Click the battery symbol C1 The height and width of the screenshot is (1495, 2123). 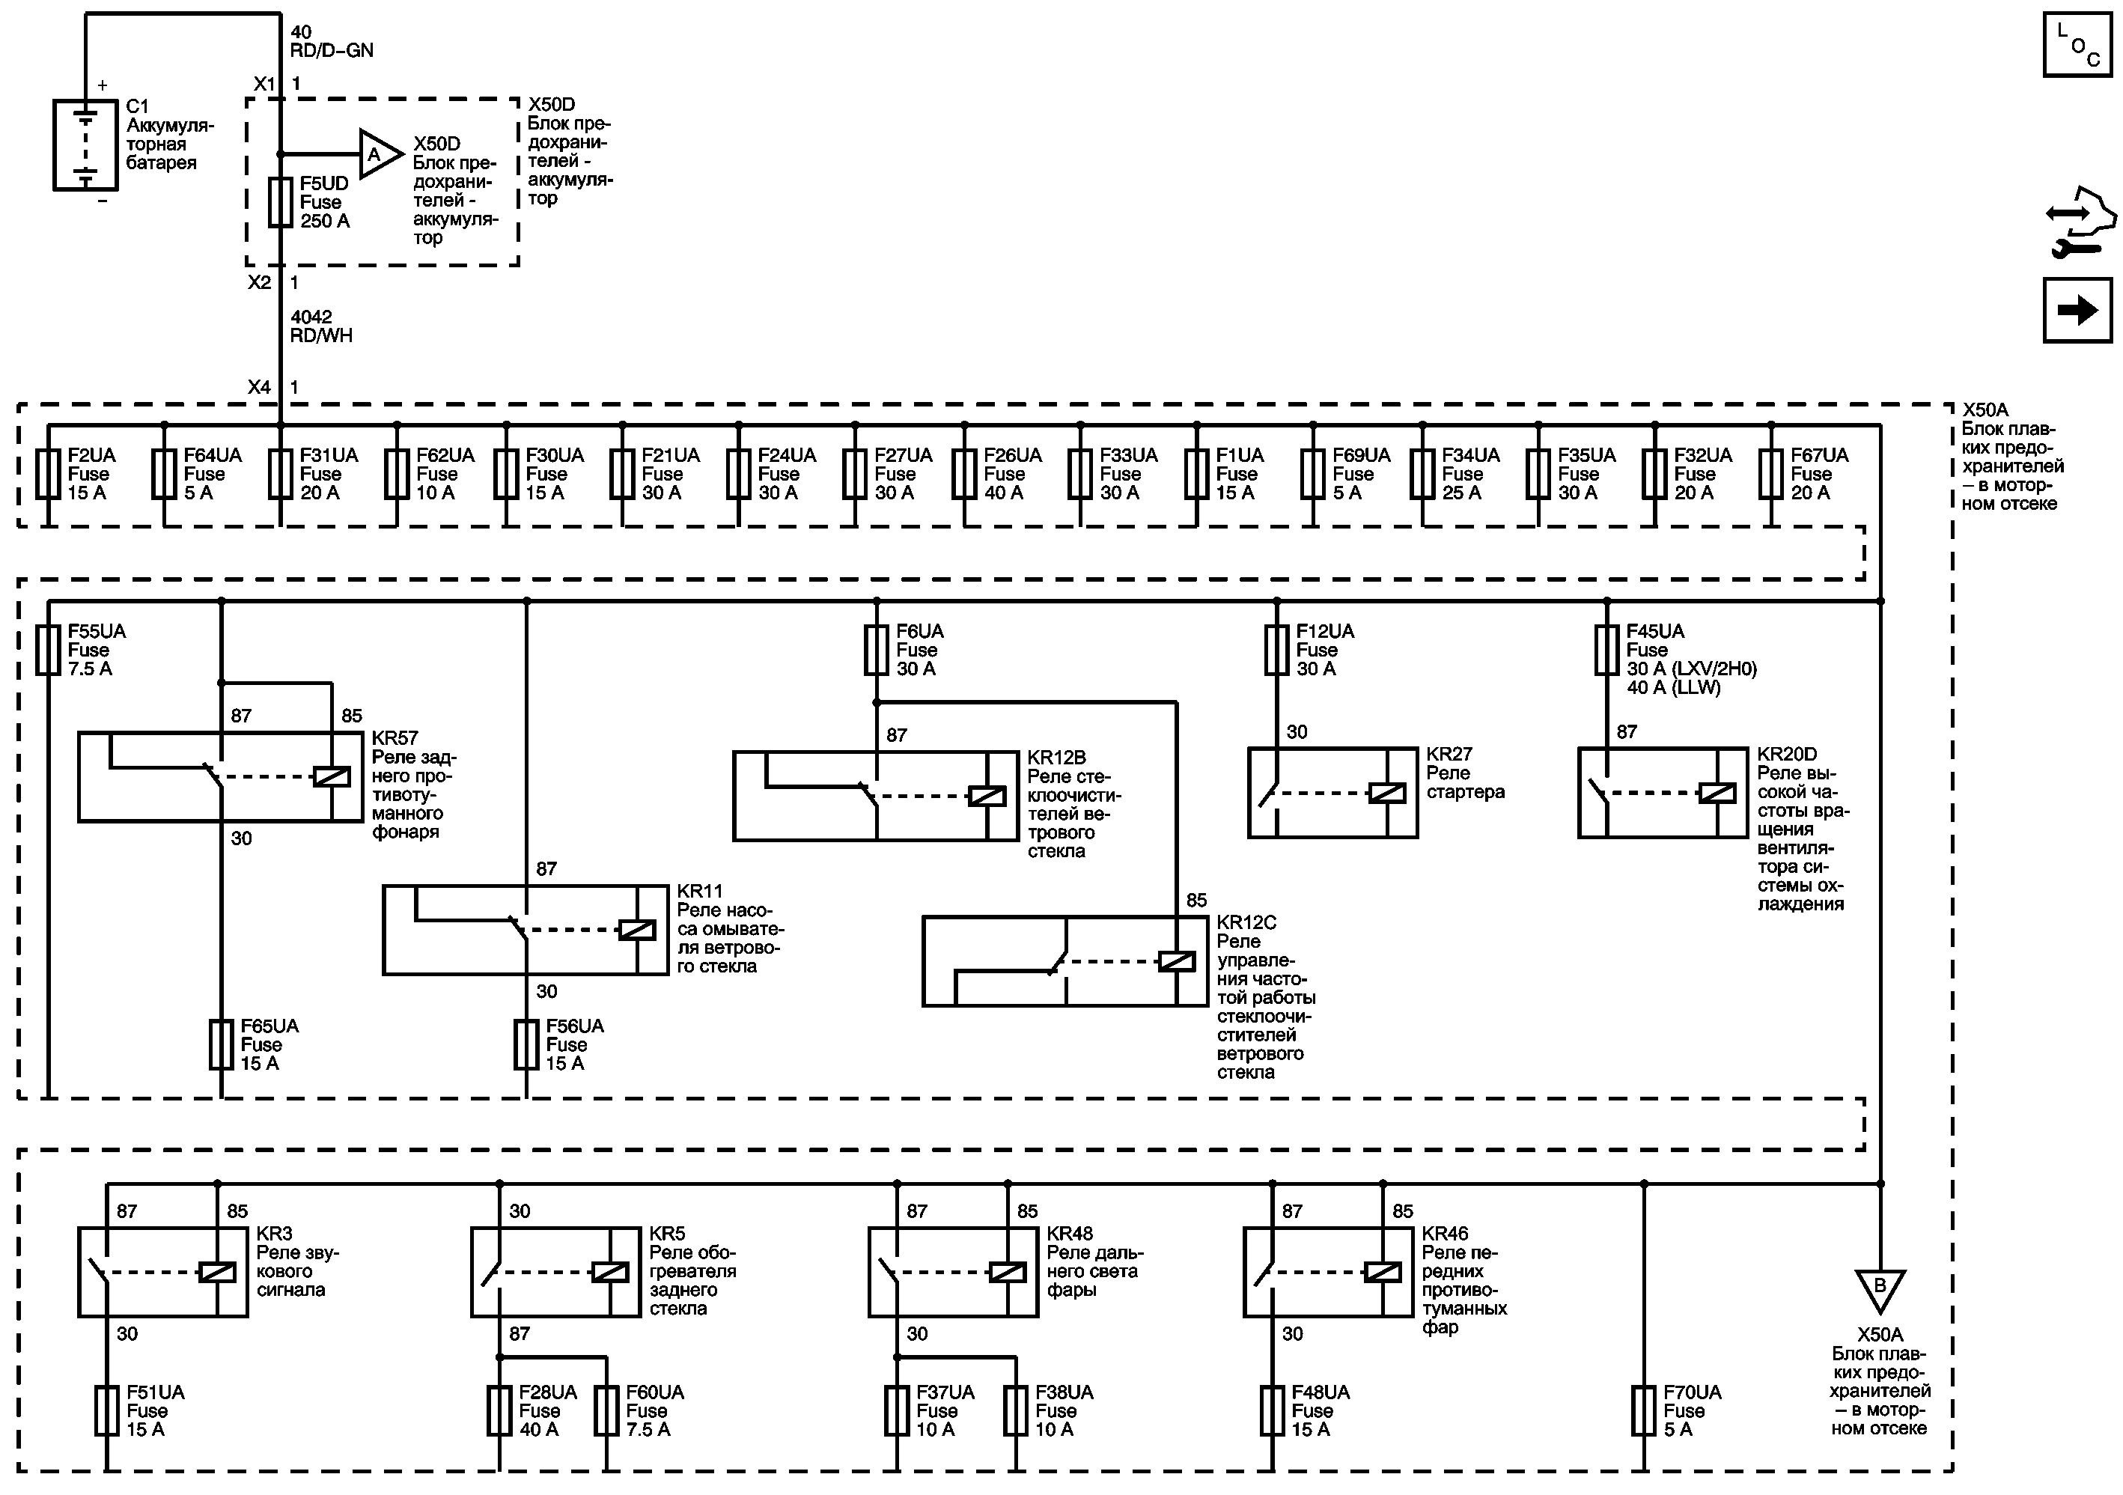point(85,145)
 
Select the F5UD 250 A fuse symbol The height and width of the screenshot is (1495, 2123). point(280,202)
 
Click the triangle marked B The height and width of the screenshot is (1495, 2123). point(1880,1288)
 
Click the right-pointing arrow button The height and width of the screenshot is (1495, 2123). point(2077,311)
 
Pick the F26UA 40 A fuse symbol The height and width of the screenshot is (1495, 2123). point(964,475)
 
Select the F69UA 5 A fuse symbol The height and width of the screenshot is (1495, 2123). point(1313,475)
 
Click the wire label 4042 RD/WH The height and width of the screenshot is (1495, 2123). point(321,326)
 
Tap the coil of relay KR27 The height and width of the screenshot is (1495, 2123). point(1386,792)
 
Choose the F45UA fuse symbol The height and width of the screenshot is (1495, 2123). point(1607,650)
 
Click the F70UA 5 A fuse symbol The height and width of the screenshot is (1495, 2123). point(1643,1411)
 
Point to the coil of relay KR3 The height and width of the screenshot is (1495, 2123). point(217,1272)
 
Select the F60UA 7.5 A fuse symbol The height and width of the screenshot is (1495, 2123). point(606,1411)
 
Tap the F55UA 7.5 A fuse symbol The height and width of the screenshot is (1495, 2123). point(48,650)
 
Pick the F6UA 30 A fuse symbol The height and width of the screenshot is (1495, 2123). point(877,650)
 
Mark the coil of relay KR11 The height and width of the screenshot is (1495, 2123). point(637,929)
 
